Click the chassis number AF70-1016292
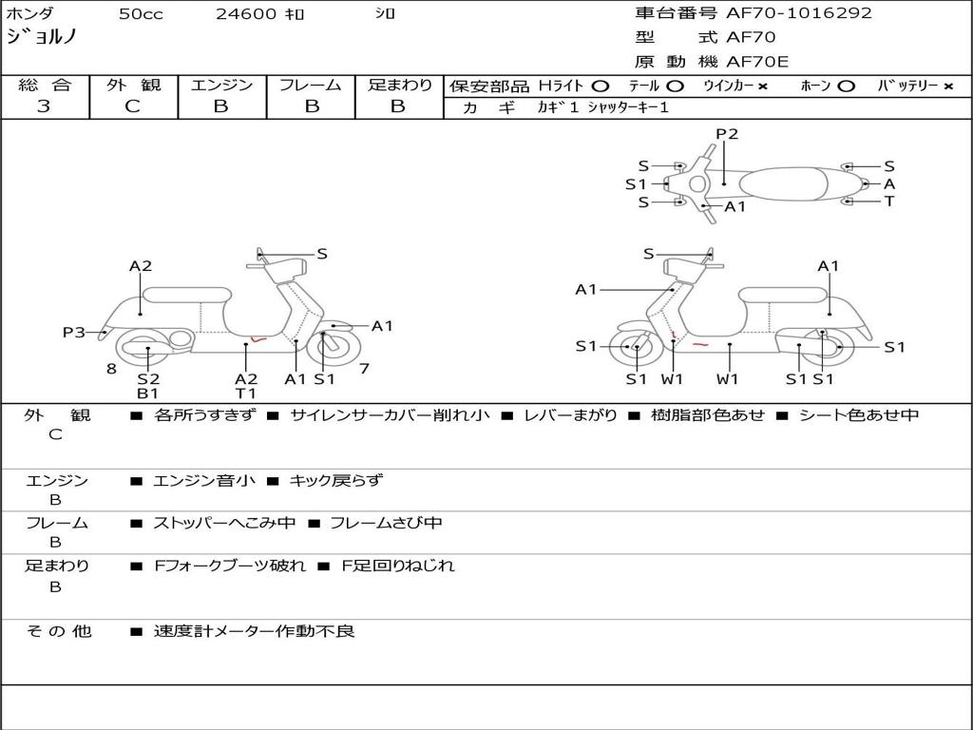pos(798,13)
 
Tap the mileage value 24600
pos(246,14)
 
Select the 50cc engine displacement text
pos(141,14)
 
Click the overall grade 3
pos(44,106)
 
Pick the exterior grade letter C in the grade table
pos(132,106)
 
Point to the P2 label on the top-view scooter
pos(727,134)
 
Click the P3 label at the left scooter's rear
pos(74,333)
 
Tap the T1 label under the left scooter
pos(246,393)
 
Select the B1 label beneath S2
pos(147,393)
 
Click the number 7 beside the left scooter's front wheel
pos(364,369)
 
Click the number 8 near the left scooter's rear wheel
pos(112,369)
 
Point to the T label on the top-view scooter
pos(889,202)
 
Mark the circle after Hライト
pos(601,86)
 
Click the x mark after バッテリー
pos(948,86)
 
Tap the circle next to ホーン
pos(846,86)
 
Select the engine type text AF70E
pos(757,62)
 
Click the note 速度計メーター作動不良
pos(255,631)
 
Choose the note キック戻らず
pos(335,480)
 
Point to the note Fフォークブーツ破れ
pos(230,566)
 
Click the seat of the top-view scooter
pos(783,184)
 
